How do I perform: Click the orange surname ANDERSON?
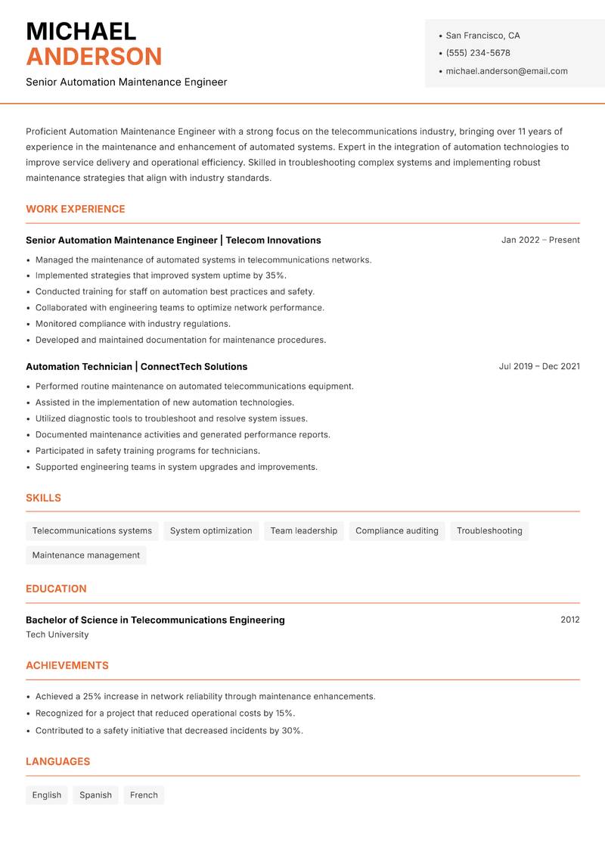(x=94, y=57)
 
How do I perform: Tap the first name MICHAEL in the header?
(x=81, y=32)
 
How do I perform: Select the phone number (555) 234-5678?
(x=477, y=53)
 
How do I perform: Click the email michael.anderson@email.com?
(x=506, y=71)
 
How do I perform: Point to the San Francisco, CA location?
(x=482, y=36)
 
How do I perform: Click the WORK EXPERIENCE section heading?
(x=76, y=209)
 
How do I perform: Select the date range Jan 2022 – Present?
(x=540, y=240)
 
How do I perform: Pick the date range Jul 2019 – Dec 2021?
(x=538, y=366)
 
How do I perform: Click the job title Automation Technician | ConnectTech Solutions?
(x=136, y=366)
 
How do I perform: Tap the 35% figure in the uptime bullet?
(x=275, y=275)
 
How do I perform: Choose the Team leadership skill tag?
(x=303, y=530)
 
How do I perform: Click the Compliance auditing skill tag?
(x=396, y=530)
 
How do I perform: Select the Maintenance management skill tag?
(x=85, y=555)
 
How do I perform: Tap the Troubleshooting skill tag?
(x=489, y=530)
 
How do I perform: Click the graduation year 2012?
(x=569, y=620)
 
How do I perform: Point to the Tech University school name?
(x=57, y=635)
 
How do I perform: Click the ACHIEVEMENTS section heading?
(x=67, y=666)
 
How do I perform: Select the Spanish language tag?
(x=95, y=794)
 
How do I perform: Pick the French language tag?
(x=144, y=794)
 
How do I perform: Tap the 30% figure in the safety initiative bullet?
(x=291, y=731)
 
